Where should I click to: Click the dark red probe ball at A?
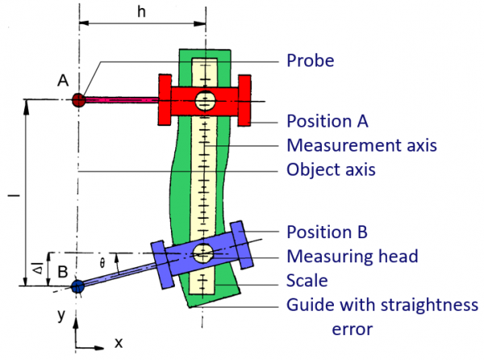pyautogui.click(x=78, y=100)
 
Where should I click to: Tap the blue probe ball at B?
pyautogui.click(x=77, y=286)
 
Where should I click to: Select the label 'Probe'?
pyautogui.click(x=311, y=61)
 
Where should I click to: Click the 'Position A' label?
pyautogui.click(x=328, y=122)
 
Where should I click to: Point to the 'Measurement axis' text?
pyautogui.click(x=361, y=147)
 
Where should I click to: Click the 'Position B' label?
pyautogui.click(x=328, y=232)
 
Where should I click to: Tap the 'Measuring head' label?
pyautogui.click(x=352, y=257)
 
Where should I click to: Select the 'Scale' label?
pyautogui.click(x=307, y=282)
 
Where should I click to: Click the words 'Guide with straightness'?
pyautogui.click(x=382, y=306)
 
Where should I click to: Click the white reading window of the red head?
pyautogui.click(x=204, y=100)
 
